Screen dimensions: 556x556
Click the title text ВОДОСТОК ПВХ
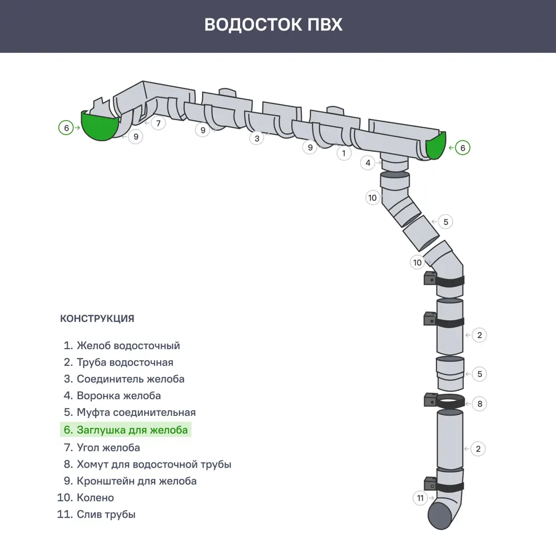point(273,25)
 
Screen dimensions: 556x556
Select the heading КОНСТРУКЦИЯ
point(97,319)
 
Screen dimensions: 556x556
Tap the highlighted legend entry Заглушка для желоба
point(126,430)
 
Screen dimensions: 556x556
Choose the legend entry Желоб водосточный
point(122,345)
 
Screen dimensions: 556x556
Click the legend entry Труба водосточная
point(118,363)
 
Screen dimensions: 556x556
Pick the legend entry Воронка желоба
point(112,396)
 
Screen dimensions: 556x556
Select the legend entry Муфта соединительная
point(130,413)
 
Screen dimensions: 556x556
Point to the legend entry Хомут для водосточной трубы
point(147,464)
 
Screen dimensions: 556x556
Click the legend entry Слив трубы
point(96,514)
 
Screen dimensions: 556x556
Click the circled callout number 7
point(158,123)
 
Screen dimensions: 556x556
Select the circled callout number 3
point(256,138)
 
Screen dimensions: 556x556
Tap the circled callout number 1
point(344,153)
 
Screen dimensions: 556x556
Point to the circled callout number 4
point(368,163)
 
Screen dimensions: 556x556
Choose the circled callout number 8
point(479,404)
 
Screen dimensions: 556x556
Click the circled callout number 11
point(420,498)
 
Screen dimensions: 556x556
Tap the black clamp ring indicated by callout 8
point(450,401)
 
